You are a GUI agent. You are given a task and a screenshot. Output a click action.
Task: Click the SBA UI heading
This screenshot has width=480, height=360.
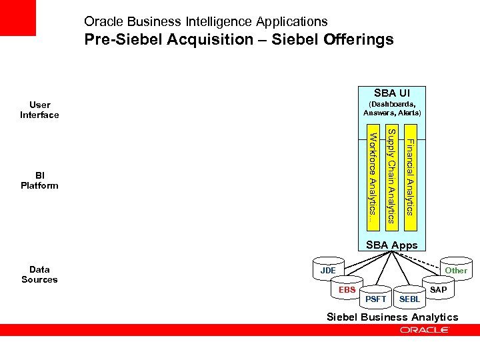[392, 93]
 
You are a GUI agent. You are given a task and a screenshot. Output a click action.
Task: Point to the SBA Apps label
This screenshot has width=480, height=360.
[392, 245]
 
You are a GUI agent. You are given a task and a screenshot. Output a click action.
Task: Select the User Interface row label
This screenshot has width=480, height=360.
[39, 110]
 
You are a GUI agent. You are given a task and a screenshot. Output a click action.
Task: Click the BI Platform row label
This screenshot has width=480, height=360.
[39, 180]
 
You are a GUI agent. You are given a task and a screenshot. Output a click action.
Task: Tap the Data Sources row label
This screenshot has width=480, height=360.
[39, 275]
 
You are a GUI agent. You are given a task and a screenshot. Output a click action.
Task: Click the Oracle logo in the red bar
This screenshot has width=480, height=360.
[425, 330]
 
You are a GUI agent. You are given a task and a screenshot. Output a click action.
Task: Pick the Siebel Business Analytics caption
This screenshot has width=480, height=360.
[392, 317]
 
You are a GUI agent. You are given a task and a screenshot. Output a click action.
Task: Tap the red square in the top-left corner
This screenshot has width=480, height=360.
[17, 18]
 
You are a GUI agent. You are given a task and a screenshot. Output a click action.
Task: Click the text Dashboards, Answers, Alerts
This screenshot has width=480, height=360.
[392, 109]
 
